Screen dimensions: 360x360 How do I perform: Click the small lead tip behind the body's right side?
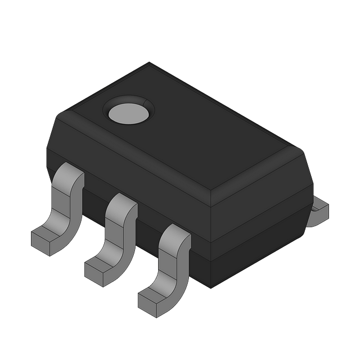tap(319, 210)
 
